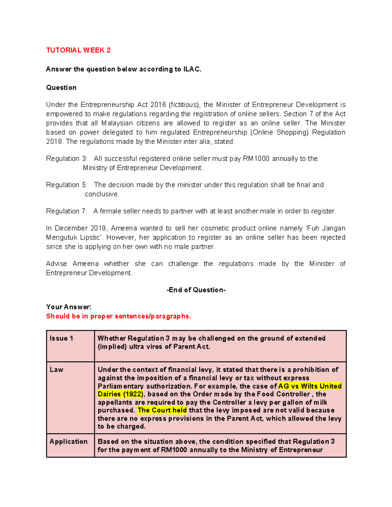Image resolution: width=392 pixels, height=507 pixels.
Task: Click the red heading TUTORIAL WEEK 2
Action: tap(78, 50)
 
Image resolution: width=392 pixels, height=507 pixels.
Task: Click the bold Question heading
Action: tap(61, 87)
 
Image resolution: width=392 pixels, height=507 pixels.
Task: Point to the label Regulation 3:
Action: tap(67, 159)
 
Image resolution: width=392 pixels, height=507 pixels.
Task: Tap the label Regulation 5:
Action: tap(67, 185)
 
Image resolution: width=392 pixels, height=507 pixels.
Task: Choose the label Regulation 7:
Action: tap(67, 211)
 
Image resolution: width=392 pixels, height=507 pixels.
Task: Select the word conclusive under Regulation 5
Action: tap(102, 194)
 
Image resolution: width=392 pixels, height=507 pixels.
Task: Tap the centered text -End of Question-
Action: tap(196, 290)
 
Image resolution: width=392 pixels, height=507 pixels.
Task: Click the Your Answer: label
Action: tap(69, 307)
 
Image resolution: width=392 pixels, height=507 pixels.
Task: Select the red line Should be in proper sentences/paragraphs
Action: tap(118, 316)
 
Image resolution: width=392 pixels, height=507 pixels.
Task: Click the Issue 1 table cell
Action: tap(61, 339)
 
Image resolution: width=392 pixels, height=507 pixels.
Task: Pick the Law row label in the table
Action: tap(56, 370)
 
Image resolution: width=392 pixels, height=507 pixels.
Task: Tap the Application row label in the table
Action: tap(69, 442)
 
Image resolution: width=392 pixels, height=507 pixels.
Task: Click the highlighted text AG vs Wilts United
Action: tap(310, 386)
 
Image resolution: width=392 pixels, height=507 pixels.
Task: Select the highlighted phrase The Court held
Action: tap(162, 410)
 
